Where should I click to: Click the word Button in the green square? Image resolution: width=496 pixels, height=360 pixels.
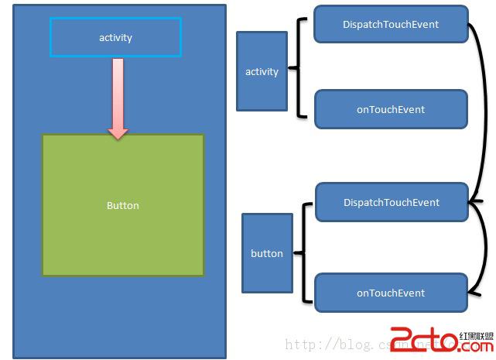coord(123,205)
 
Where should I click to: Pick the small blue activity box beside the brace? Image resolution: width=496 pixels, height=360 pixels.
coord(262,71)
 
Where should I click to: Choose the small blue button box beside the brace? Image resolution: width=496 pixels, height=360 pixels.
coord(267,253)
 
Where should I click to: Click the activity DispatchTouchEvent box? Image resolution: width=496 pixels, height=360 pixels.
coord(391,24)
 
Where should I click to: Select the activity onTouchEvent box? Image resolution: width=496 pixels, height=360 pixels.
coord(391,109)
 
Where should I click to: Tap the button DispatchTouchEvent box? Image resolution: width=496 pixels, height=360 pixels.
coord(391,202)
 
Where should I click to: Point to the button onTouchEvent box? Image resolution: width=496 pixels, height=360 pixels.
coord(391,293)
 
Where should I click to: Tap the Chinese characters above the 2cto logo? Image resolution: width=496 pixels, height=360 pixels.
coord(476,336)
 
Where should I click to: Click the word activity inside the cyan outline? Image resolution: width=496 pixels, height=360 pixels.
coord(115,37)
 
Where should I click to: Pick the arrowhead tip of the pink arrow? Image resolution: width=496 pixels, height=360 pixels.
coord(118,136)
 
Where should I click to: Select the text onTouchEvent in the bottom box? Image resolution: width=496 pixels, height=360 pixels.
coord(391,293)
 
